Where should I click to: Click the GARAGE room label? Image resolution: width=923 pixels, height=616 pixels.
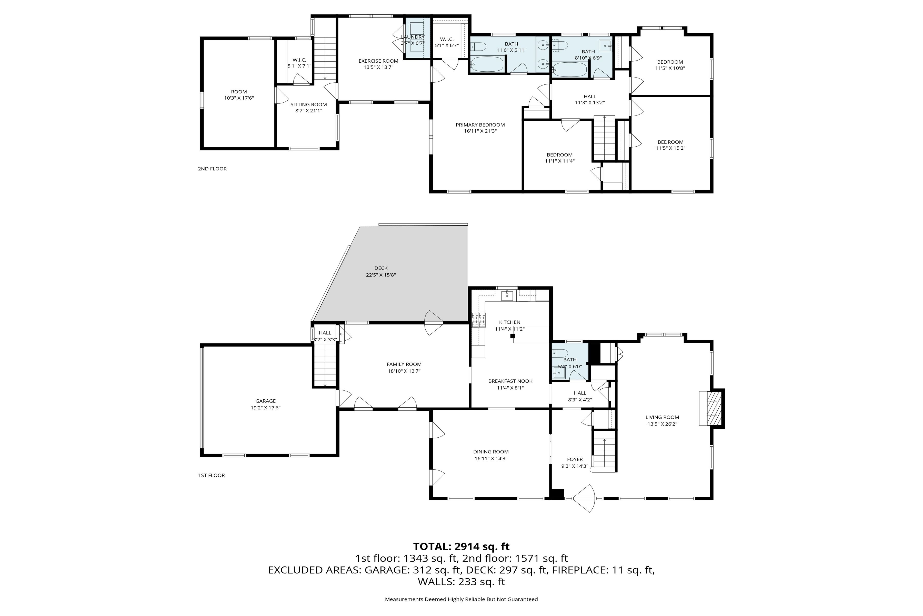[266, 401]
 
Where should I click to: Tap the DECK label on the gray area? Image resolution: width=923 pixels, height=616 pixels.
[381, 268]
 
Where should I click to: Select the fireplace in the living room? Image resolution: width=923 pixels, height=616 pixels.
[711, 409]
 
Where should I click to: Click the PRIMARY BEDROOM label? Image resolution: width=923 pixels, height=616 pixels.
[480, 125]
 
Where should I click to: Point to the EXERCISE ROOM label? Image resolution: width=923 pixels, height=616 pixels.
[378, 61]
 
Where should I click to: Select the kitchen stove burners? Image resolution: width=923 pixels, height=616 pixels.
[479, 320]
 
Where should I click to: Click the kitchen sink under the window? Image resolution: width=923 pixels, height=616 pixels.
[507, 295]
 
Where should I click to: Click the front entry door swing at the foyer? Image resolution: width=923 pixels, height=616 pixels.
[584, 498]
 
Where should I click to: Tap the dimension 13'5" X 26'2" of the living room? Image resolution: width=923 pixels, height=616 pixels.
[663, 424]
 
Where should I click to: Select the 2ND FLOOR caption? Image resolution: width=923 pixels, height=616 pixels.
[212, 169]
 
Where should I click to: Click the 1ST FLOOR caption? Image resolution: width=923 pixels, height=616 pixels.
[212, 475]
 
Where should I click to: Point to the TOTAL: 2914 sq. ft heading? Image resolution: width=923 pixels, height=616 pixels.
[461, 546]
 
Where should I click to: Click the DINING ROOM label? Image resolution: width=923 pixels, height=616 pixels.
[491, 452]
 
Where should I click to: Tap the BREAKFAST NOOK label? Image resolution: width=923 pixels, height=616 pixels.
[510, 381]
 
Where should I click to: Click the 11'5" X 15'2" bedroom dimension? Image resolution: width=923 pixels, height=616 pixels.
[671, 148]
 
